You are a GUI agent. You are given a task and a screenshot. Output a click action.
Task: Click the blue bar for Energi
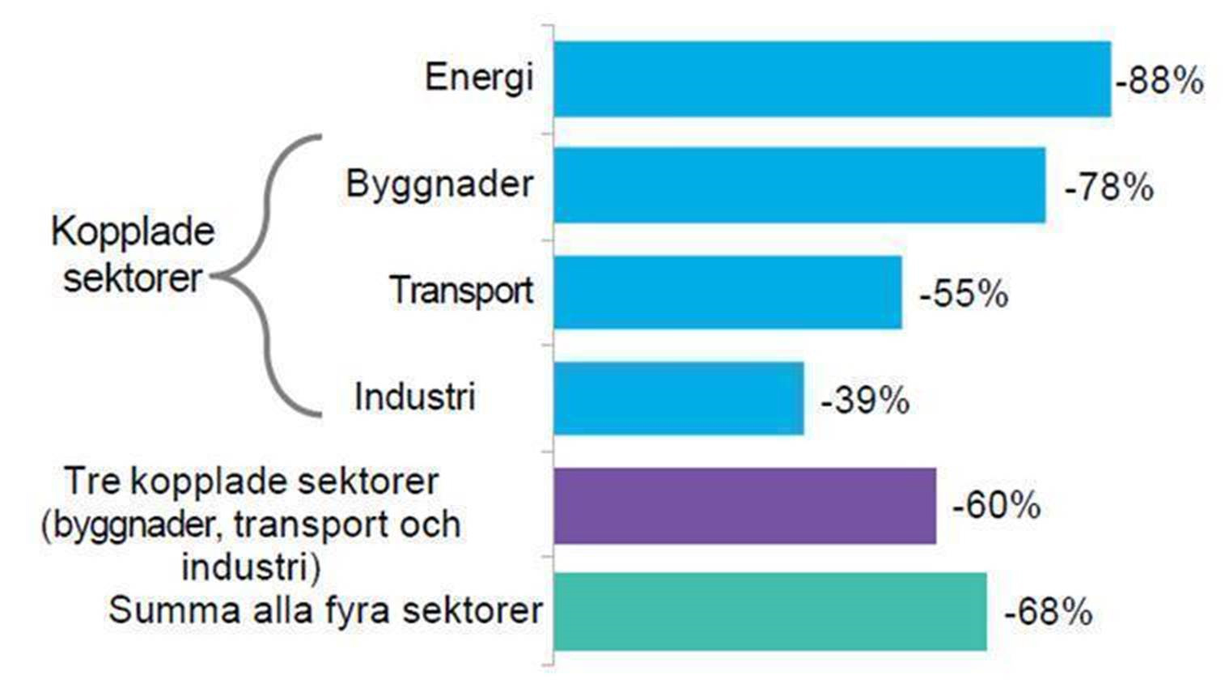[x=833, y=79]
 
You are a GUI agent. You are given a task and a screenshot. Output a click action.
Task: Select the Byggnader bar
[x=799, y=185]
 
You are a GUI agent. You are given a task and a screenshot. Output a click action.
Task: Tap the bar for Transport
[x=728, y=292]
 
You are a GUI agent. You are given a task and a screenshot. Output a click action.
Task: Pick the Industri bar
[x=679, y=398]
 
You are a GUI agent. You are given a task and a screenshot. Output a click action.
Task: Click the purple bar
[x=745, y=506]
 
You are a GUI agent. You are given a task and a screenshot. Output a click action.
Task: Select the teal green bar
[x=770, y=612]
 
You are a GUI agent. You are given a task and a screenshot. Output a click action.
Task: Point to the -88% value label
[x=1159, y=81]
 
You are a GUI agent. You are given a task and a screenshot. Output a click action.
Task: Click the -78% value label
[x=1108, y=188]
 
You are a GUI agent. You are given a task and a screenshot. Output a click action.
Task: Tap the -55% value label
[x=964, y=294]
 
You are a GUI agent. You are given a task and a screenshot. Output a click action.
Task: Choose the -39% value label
[x=865, y=401]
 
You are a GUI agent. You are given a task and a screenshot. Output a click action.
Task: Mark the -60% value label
[x=996, y=505]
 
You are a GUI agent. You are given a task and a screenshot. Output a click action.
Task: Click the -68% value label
[x=1048, y=612]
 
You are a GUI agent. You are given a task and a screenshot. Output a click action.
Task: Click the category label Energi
[x=479, y=79]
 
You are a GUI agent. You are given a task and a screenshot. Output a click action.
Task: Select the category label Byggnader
[x=439, y=185]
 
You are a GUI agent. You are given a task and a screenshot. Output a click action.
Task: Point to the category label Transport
[x=461, y=291]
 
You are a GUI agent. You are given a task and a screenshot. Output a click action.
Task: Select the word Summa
[x=175, y=611]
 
